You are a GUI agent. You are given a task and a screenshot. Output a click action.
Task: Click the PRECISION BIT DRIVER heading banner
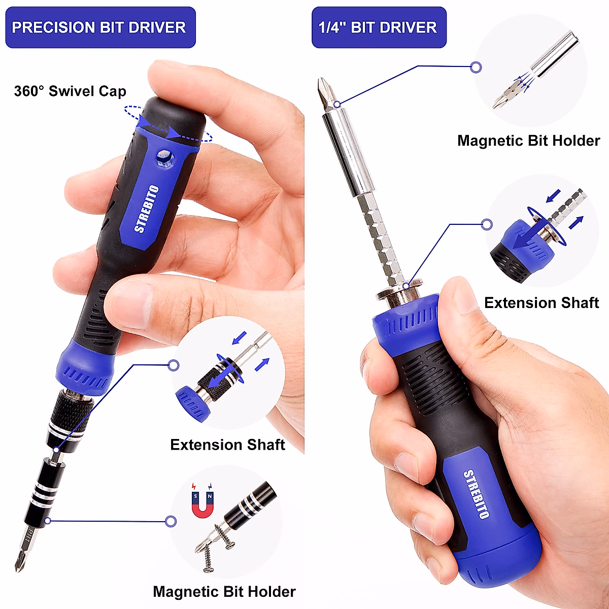tap(100, 27)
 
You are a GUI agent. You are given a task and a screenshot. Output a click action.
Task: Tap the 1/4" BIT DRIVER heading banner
tap(379, 27)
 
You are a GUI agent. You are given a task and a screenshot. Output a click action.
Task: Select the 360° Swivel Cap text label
tap(70, 91)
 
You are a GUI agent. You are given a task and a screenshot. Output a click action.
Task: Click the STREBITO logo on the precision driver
tap(147, 209)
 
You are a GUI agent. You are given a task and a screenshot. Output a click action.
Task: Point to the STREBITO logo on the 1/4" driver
tap(477, 494)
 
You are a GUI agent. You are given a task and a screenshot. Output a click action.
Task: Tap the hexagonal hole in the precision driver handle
tap(163, 158)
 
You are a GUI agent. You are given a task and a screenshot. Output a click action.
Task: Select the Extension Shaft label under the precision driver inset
tap(227, 445)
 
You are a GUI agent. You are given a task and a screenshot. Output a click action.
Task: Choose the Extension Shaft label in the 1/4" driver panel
tap(542, 303)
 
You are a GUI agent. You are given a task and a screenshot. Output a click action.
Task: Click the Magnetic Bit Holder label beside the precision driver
tap(224, 592)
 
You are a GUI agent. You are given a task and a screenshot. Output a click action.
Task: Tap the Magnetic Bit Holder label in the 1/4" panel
tap(528, 141)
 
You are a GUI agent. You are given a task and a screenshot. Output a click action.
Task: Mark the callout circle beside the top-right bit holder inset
tap(476, 67)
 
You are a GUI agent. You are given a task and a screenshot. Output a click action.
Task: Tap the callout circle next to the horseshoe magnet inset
tap(171, 521)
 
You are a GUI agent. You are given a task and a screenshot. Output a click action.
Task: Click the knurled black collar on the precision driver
tap(71, 411)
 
